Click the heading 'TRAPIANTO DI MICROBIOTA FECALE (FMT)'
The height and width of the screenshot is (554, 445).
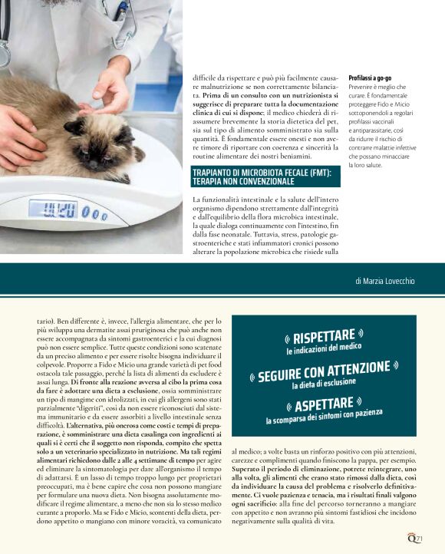pyautogui.click(x=262, y=173)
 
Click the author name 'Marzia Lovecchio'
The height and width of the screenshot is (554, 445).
pyautogui.click(x=385, y=282)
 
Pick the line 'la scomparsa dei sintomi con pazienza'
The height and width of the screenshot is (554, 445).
pyautogui.click(x=324, y=417)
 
